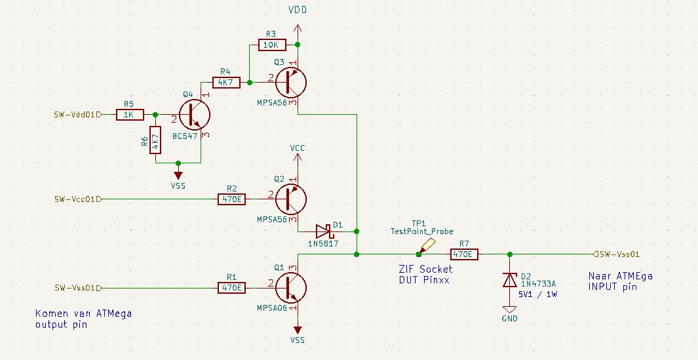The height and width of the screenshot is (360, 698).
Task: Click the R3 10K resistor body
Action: tap(272, 45)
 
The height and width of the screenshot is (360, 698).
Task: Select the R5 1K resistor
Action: tap(130, 115)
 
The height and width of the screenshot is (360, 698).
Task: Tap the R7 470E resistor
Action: tap(464, 254)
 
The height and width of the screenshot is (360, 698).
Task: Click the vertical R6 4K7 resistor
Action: tap(155, 140)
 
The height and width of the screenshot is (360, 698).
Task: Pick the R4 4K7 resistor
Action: tap(226, 83)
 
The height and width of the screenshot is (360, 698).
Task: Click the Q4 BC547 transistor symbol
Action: tap(195, 115)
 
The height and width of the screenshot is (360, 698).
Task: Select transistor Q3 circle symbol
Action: tap(291, 83)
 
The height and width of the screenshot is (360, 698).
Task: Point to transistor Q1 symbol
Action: tap(291, 288)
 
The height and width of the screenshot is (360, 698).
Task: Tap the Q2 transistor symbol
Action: tap(291, 199)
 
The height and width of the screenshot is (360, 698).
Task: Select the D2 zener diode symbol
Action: tap(510, 280)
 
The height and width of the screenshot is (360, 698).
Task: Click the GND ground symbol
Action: tap(510, 310)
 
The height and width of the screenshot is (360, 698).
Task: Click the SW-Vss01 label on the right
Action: tap(617, 254)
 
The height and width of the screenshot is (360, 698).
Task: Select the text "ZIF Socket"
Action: tap(425, 269)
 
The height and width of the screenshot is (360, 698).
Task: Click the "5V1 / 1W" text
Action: tap(537, 294)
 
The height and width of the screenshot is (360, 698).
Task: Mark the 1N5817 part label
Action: tap(323, 244)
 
